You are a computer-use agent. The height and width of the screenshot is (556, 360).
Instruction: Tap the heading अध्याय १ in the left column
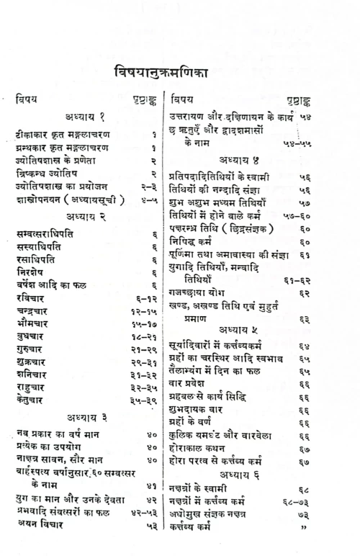86,117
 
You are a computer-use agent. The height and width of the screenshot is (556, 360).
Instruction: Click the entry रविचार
32,298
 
